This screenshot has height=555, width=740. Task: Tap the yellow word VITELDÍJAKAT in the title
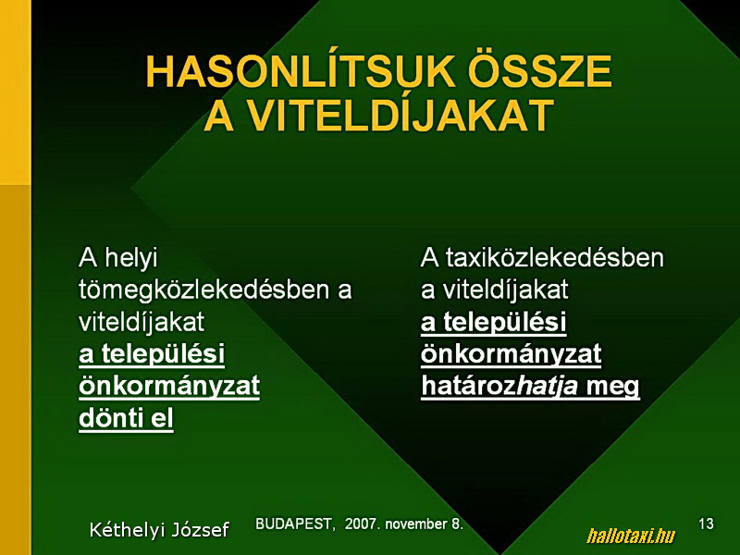(401, 115)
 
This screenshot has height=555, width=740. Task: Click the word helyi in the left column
(131, 259)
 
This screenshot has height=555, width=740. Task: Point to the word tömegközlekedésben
(203, 290)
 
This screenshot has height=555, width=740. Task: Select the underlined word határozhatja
(499, 386)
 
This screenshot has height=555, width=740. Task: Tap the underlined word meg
(612, 387)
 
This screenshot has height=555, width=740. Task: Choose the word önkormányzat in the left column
(169, 386)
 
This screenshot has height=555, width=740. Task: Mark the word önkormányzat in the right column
(512, 354)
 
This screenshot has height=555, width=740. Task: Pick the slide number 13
(707, 524)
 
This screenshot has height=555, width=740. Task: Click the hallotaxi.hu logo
(631, 536)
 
